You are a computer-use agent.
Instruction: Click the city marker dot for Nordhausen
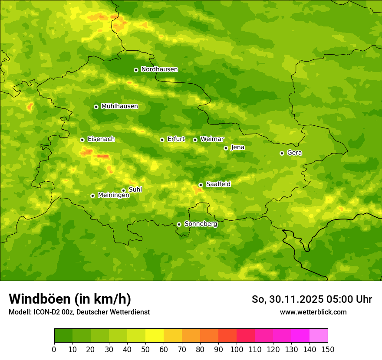coord(136,70)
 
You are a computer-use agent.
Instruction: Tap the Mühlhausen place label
coord(119,106)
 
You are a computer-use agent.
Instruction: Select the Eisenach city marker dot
coord(82,140)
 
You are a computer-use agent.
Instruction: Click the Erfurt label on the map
coord(176,139)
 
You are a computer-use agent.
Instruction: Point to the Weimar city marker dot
coord(195,140)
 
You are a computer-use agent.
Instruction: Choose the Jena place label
coord(237,147)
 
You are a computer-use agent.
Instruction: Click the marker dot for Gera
coord(282,153)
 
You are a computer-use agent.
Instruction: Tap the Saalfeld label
coord(218,184)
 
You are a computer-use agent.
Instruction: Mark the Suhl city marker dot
coord(123,190)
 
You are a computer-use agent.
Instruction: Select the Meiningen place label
coord(113,196)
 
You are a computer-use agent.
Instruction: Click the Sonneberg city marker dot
coord(179,224)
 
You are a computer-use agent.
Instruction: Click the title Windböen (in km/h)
coord(70,299)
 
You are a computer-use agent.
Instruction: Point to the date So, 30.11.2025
coord(287,299)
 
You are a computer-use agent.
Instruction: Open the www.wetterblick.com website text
coord(313,312)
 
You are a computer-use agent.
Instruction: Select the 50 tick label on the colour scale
coord(145,350)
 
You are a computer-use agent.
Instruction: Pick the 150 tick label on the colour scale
coord(328,350)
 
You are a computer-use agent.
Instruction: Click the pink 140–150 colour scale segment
coord(319,336)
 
